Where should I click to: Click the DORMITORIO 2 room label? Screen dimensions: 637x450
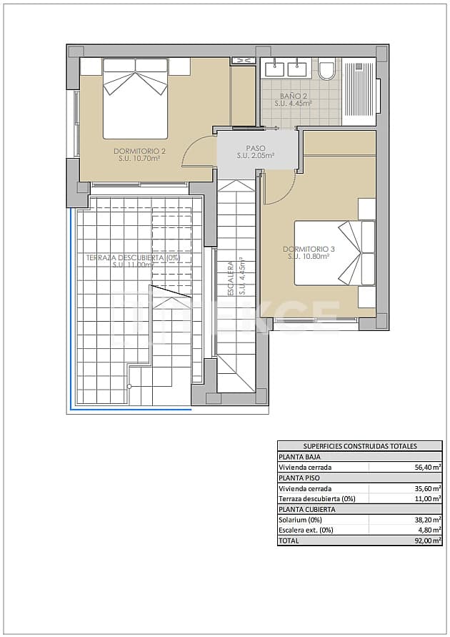(139, 154)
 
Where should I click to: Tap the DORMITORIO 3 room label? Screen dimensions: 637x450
(308, 252)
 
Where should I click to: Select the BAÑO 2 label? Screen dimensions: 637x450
(294, 99)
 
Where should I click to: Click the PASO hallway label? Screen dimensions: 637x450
(256, 152)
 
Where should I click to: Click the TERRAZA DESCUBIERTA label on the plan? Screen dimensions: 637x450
(133, 260)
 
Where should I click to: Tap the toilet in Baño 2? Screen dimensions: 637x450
(327, 69)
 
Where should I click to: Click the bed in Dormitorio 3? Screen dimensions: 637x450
(334, 252)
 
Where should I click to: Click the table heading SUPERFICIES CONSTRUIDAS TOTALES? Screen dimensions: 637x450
(359, 445)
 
